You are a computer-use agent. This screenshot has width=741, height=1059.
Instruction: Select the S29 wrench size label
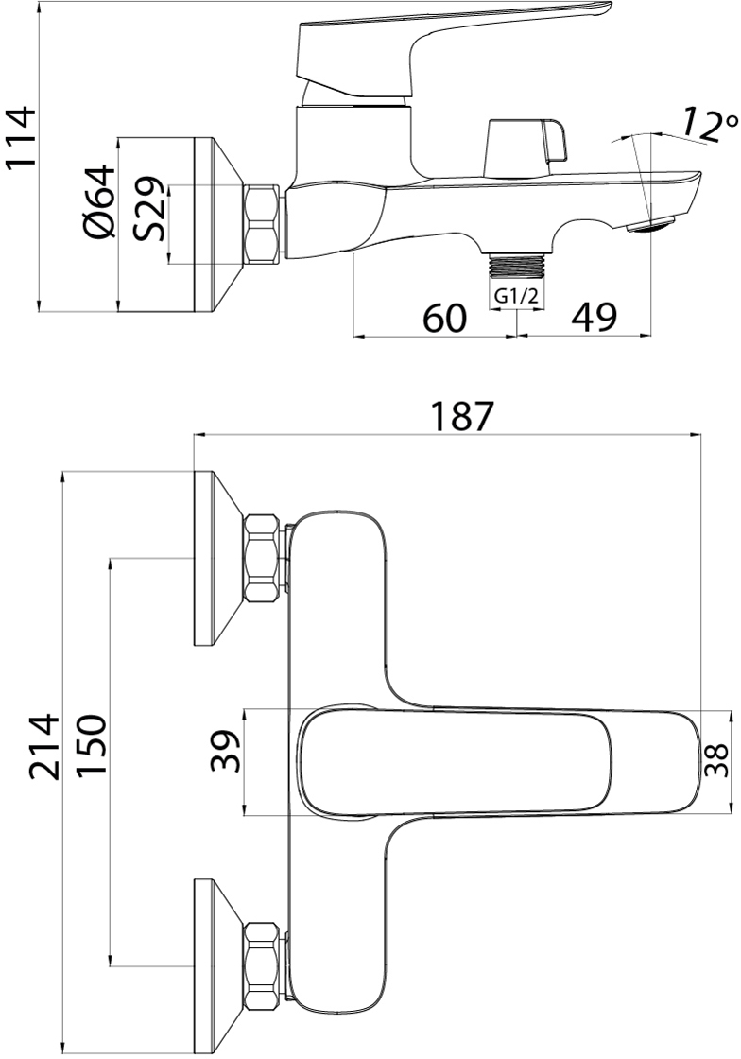(147, 209)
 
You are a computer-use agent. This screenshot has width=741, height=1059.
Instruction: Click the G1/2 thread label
(516, 296)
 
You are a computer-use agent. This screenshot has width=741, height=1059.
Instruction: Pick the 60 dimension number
(445, 318)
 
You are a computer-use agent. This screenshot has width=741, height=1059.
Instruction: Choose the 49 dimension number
(595, 318)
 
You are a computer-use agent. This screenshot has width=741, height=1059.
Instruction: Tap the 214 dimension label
(44, 746)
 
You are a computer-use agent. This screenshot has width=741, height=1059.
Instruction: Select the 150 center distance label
(91, 746)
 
